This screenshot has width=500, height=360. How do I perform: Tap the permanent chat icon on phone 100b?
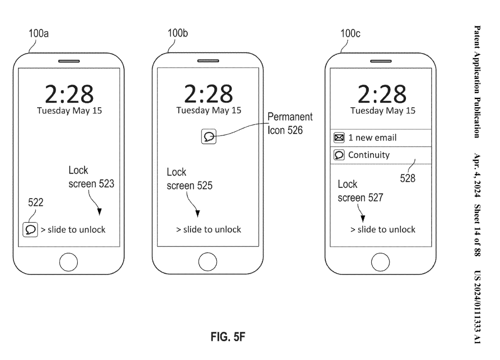click(x=209, y=137)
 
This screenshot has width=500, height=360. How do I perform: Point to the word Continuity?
click(x=369, y=155)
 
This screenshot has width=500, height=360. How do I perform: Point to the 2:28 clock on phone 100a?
click(x=69, y=93)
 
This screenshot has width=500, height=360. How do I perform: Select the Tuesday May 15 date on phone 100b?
click(x=209, y=110)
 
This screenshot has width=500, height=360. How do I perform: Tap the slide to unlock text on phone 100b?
click(x=209, y=229)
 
